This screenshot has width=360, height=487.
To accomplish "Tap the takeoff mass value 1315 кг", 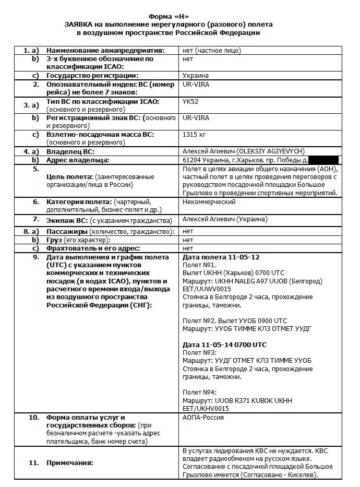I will click(195, 134).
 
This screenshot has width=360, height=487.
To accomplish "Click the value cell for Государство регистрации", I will click(196, 76).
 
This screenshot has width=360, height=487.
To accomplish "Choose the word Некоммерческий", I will click(209, 201).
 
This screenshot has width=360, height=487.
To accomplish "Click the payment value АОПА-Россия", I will click(203, 418).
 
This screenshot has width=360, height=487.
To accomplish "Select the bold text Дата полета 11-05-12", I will click(221, 257).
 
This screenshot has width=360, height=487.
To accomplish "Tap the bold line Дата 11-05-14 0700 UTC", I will click(224, 345).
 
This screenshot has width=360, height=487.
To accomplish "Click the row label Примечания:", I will click(70, 462).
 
